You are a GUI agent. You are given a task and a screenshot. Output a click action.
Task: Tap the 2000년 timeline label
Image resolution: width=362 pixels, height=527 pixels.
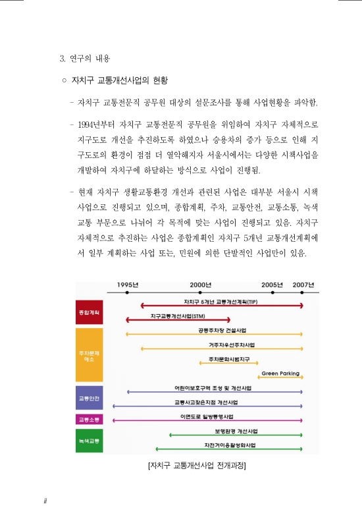[200, 285]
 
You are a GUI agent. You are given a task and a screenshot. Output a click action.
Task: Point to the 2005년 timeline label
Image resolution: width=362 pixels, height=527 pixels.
[272, 285]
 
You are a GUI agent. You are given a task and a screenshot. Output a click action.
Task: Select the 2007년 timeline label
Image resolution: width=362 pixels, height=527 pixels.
[303, 285]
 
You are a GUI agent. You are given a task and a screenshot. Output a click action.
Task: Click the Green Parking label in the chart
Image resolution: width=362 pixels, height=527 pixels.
[280, 374]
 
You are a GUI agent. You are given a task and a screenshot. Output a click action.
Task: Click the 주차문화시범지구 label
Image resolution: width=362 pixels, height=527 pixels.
[228, 359]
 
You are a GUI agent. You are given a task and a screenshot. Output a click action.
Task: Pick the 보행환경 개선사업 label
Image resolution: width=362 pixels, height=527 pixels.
[235, 431]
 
